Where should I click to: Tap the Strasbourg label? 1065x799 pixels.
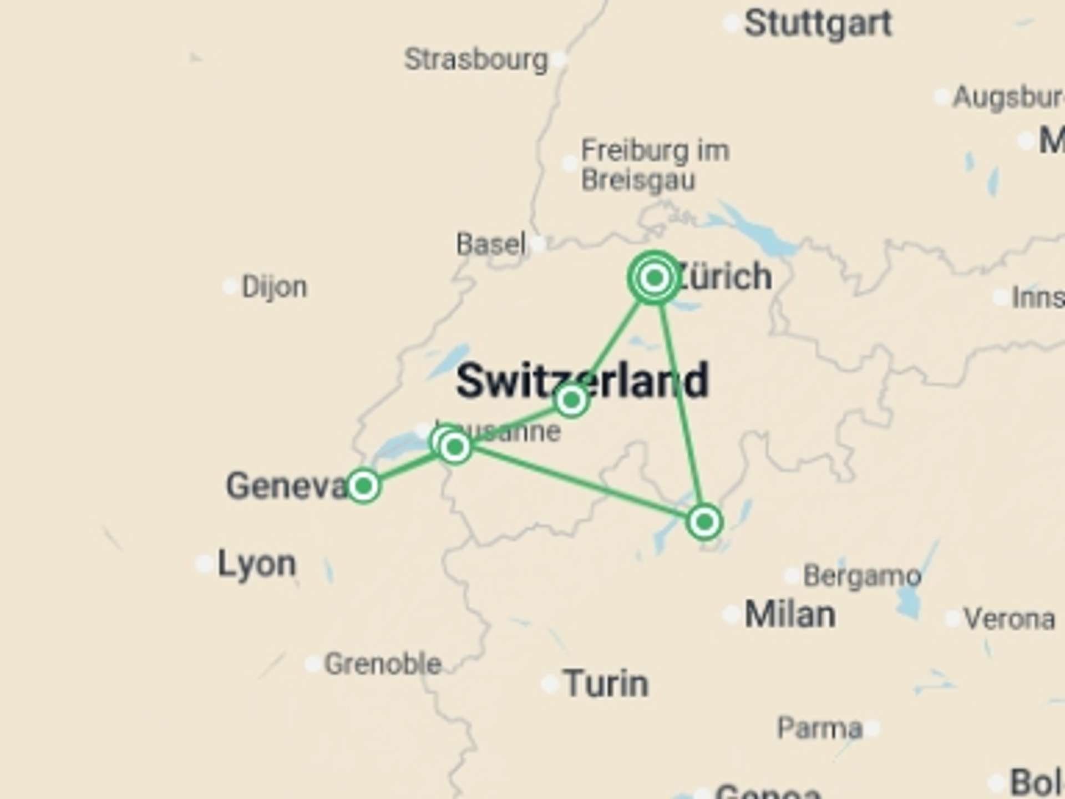pyautogui.click(x=476, y=60)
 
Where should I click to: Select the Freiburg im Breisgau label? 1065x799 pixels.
pyautogui.click(x=655, y=165)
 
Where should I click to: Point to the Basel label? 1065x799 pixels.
pyautogui.click(x=491, y=244)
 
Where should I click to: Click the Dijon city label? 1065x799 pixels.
pyautogui.click(x=274, y=287)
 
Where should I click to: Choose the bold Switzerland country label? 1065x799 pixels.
pyautogui.click(x=582, y=381)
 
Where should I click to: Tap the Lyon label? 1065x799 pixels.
pyautogui.click(x=256, y=564)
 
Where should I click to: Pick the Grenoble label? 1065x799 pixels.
pyautogui.click(x=383, y=664)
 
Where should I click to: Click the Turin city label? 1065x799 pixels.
pyautogui.click(x=606, y=684)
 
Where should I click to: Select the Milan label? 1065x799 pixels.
pyautogui.click(x=789, y=615)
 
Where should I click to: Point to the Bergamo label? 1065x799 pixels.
pyautogui.click(x=862, y=576)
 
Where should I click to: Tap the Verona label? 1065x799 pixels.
pyautogui.click(x=1009, y=619)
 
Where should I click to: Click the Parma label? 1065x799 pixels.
pyautogui.click(x=820, y=728)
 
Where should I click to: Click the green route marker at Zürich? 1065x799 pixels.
pyautogui.click(x=655, y=277)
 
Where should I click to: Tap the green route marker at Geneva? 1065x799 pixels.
pyautogui.click(x=363, y=486)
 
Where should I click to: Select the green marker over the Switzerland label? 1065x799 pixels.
pyautogui.click(x=571, y=399)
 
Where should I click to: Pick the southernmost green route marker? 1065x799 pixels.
pyautogui.click(x=704, y=522)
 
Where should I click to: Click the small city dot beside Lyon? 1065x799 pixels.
pyautogui.click(x=204, y=564)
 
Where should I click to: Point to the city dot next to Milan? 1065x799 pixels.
pyautogui.click(x=731, y=615)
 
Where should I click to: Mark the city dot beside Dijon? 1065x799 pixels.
pyautogui.click(x=230, y=287)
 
